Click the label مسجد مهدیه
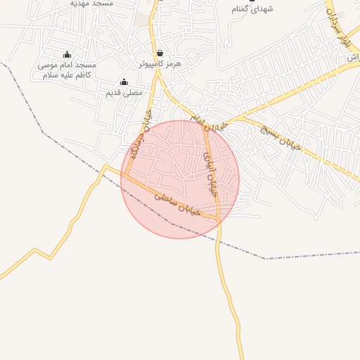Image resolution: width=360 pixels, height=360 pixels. click(x=92, y=4)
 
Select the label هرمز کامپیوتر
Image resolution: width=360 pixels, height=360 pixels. click(x=160, y=63)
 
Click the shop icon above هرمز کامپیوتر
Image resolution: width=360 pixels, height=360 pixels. click(x=160, y=53)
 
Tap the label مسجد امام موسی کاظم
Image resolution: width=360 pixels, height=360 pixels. click(x=67, y=70)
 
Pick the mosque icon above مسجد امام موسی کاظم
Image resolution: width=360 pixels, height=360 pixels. click(x=67, y=54)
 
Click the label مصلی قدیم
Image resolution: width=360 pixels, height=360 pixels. click(x=124, y=92)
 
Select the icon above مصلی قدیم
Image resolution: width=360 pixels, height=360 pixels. click(x=124, y=82)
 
